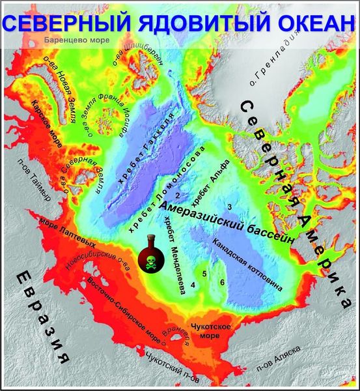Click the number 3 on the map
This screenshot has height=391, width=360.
[247, 207]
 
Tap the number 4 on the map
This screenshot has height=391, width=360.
[193, 284]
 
